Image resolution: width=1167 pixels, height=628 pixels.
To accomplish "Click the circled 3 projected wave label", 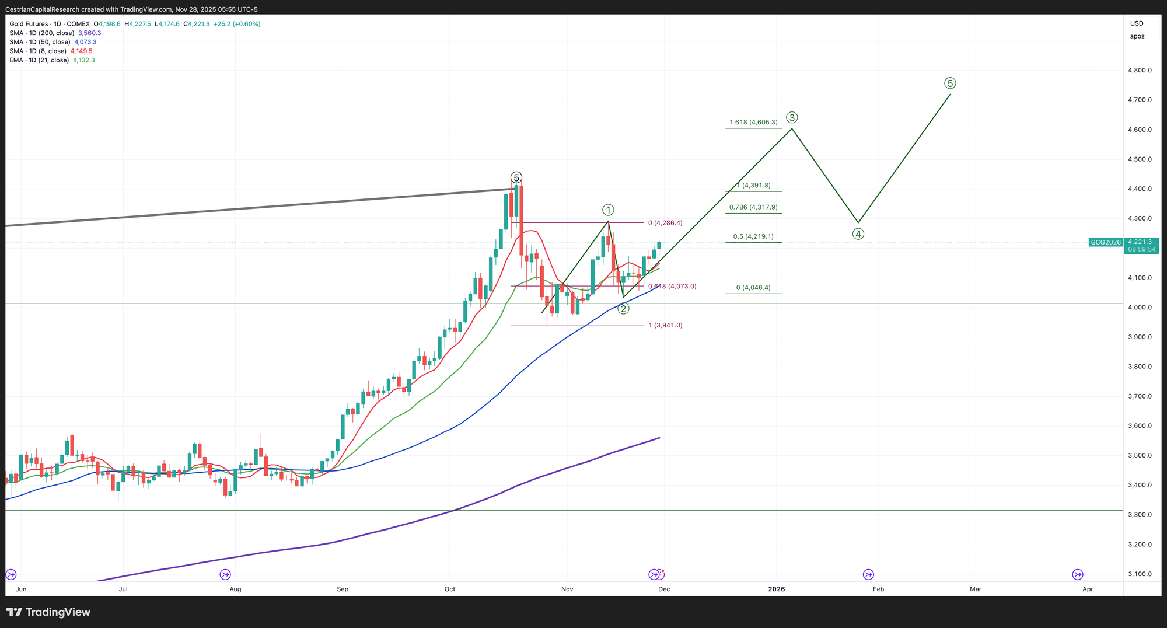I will point(792,117).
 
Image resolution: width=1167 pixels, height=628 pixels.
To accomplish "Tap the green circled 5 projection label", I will point(950,83).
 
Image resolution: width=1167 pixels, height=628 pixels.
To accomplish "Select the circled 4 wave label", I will point(858,234).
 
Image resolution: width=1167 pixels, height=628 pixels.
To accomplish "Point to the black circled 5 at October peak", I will point(516,177).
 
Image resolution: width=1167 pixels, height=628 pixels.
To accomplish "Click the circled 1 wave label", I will point(608,210).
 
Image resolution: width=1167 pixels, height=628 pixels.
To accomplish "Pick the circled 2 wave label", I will point(624,309).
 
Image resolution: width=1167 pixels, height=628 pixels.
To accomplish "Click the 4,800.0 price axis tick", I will point(1140,71).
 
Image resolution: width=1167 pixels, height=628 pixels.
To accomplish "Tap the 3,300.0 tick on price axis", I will point(1140,515).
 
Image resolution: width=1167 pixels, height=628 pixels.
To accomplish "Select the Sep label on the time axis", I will point(343,589).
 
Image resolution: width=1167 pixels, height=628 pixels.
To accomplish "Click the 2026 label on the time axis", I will point(777,589).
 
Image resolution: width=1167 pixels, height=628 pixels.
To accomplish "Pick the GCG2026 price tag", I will point(1106,242).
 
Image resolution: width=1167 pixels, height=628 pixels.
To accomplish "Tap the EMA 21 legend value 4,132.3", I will point(83,60).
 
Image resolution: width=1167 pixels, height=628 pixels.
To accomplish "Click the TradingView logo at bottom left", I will point(49,612).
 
